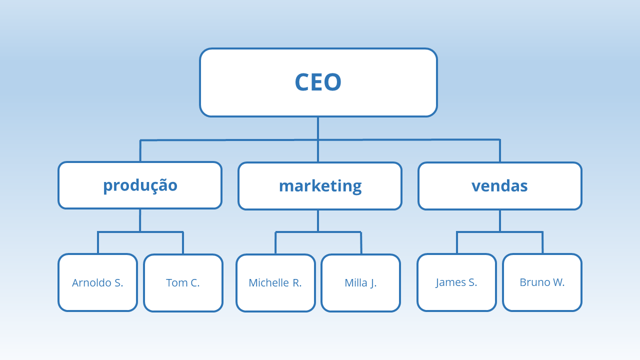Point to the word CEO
pyautogui.click(x=318, y=82)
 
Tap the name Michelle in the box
pyautogui.click(x=268, y=283)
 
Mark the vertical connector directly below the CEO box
pyautogui.click(x=318, y=128)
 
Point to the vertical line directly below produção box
pyautogui.click(x=140, y=220)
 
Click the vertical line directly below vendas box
pyautogui.click(x=500, y=220)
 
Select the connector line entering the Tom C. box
pyautogui.click(x=183, y=243)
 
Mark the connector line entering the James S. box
pyautogui.click(x=457, y=243)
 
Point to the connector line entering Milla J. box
pyautogui.click(x=361, y=243)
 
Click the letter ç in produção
pyautogui.click(x=152, y=186)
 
